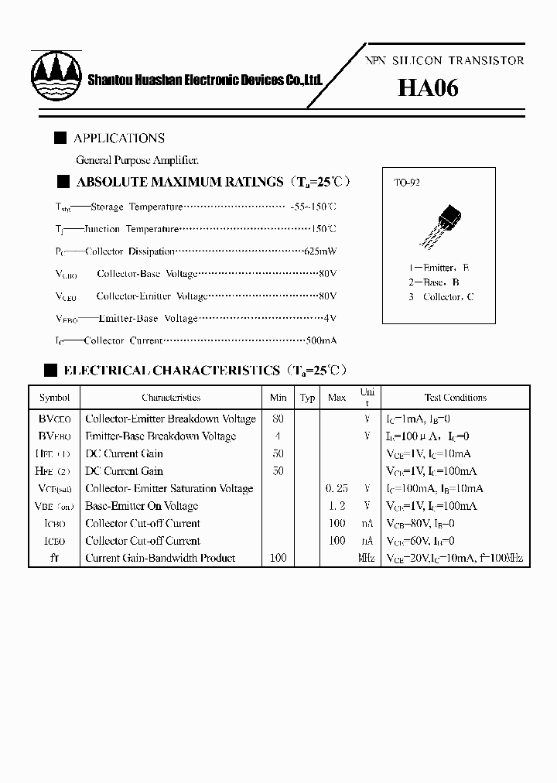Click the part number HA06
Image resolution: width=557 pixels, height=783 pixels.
428,88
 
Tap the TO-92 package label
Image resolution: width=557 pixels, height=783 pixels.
406,183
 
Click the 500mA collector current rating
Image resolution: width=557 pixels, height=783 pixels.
320,340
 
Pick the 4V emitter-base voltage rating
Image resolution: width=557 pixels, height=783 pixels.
329,318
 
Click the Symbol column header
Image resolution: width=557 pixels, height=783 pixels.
54,398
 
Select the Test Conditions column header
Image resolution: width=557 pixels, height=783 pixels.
455,398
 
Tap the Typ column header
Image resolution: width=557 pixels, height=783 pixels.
307,398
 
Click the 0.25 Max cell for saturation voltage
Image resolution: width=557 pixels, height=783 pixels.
337,489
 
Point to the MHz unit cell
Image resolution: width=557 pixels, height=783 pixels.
367,559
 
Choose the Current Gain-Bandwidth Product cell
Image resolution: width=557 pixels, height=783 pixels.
160,559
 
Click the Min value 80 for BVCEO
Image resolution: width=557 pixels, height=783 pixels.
278,419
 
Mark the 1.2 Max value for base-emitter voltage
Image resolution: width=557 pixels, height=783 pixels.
337,506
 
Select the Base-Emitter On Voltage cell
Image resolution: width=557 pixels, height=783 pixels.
142,506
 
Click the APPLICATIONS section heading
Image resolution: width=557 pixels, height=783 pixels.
118,138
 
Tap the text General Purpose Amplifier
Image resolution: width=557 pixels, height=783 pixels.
137,160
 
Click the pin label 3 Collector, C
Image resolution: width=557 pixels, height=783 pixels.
441,297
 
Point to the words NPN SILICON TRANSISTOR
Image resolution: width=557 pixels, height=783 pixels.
443,60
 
